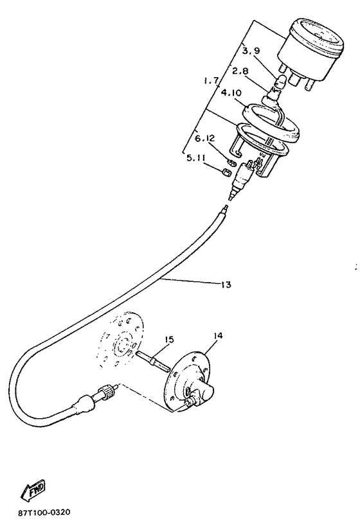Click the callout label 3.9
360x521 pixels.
coord(251,51)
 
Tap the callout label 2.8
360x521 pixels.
coord(240,71)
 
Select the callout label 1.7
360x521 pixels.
coord(211,81)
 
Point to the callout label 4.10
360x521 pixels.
coord(231,93)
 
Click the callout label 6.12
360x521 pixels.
coord(205,139)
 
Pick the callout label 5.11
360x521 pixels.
coord(195,158)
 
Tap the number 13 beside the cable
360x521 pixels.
coord(226,285)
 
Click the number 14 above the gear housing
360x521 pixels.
coord(219,335)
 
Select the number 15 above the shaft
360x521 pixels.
coord(169,340)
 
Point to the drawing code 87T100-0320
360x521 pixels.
coord(44,513)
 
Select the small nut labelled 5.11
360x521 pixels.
coord(226,173)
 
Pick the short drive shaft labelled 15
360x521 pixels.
coord(152,360)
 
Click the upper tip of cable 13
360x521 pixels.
coord(226,206)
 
